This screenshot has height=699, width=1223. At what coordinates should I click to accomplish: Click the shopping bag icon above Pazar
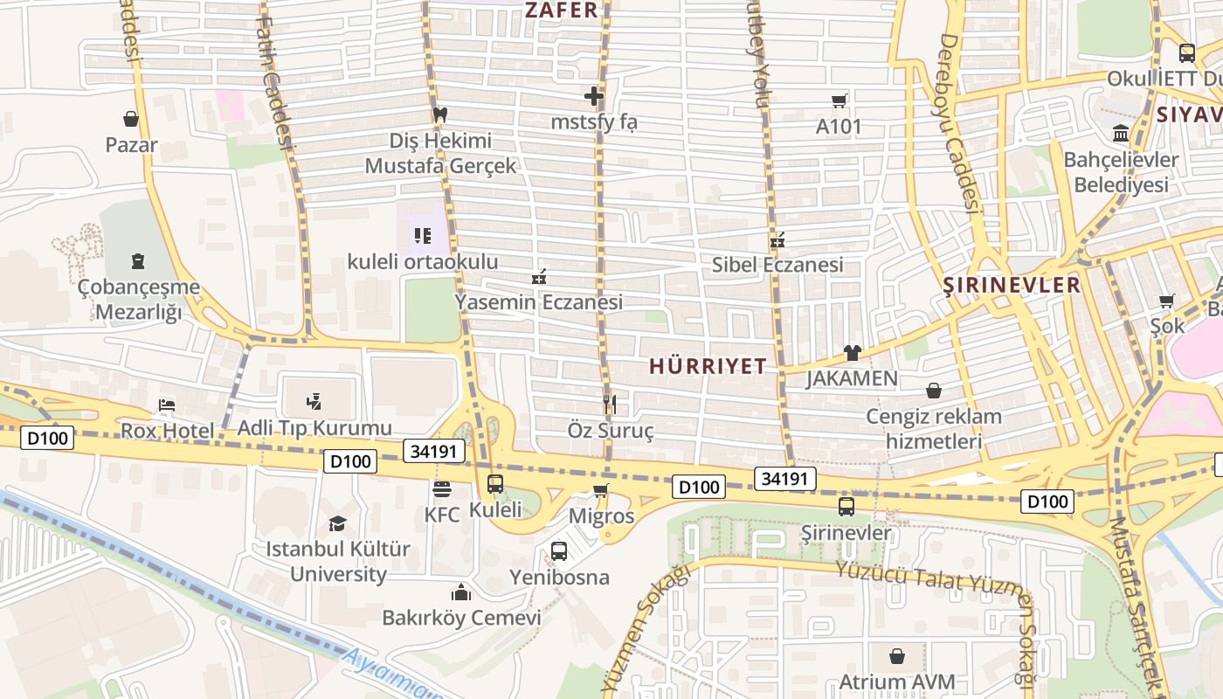coord(131,119)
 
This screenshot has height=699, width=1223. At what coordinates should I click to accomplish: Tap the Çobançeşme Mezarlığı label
coord(138,299)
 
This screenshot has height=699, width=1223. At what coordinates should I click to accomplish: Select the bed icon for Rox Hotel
coord(167,405)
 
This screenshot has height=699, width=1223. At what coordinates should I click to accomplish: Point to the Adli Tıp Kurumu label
coord(314,428)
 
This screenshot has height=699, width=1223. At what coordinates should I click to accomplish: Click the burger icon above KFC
coord(442,488)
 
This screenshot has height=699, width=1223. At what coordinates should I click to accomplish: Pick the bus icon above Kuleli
coord(495,483)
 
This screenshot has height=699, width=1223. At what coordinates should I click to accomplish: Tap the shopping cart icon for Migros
coord(600,490)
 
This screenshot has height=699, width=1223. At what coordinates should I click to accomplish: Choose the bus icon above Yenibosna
coord(559,551)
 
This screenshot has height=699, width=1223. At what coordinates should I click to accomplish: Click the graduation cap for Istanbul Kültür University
coord(337,523)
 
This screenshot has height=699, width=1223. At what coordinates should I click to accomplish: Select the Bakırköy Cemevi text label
coord(461,618)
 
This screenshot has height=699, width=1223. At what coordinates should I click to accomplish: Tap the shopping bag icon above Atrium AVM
coord(897,655)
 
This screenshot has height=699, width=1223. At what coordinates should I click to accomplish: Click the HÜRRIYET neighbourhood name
coord(708,366)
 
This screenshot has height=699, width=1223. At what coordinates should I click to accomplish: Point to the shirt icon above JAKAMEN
coord(852,353)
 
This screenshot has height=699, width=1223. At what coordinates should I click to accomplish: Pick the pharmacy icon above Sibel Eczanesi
coord(777,239)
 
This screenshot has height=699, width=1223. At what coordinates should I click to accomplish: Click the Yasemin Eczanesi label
coord(538,302)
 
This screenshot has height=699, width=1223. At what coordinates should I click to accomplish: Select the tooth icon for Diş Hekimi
coord(440,114)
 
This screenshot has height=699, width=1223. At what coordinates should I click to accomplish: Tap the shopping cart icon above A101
coord(840,100)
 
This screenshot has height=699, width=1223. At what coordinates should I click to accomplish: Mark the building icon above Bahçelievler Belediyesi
coord(1120,134)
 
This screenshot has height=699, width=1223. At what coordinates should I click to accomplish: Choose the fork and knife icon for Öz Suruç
coord(610,404)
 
